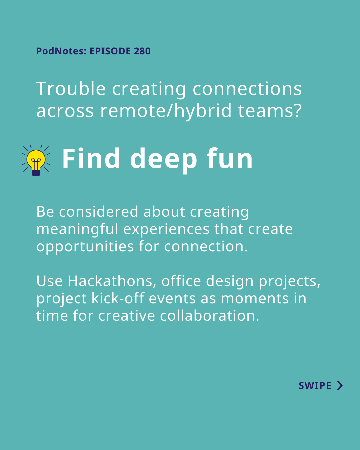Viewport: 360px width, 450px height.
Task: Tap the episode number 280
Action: pos(142,51)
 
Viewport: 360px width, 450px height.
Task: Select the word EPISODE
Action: pos(110,51)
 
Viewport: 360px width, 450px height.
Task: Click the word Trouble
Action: pos(71,89)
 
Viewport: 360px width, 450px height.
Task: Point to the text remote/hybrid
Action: pos(166,111)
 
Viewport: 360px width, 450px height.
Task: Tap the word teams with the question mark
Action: pos(270,110)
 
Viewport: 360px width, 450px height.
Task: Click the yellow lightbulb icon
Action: pos(36,159)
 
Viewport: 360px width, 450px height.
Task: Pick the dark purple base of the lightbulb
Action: pos(36,173)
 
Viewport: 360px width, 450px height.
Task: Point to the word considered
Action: pos(99,212)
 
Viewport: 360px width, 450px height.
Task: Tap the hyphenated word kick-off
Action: pos(118,298)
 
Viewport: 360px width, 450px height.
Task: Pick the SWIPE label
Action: pos(315,386)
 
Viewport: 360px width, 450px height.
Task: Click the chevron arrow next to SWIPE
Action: pos(340,386)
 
